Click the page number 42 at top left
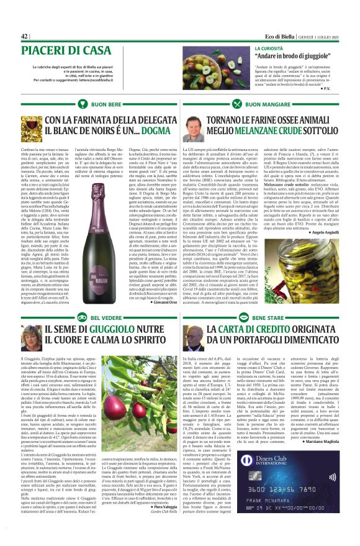25,36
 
